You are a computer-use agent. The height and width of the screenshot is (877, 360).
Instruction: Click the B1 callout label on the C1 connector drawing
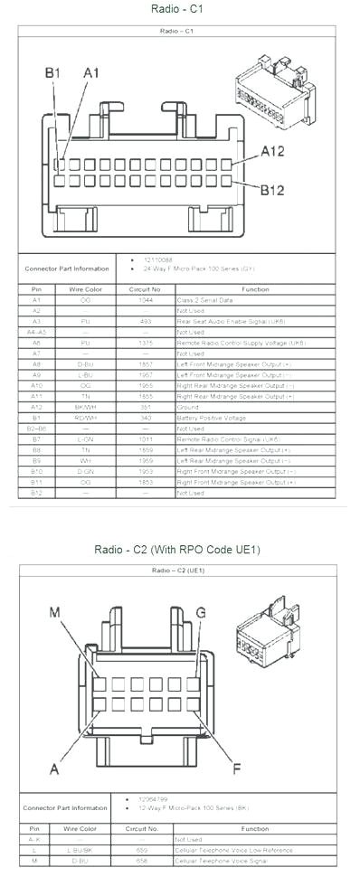52,72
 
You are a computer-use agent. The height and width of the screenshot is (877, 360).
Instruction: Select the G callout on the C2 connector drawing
201,612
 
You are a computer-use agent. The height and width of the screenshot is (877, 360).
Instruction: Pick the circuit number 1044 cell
145,299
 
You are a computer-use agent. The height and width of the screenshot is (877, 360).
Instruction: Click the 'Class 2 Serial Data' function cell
205,299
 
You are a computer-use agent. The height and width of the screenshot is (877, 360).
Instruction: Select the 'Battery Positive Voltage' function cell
211,418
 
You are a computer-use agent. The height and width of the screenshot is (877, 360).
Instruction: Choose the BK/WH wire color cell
85,407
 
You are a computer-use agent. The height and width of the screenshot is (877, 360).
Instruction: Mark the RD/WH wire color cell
85,418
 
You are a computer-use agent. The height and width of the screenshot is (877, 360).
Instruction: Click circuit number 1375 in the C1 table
145,343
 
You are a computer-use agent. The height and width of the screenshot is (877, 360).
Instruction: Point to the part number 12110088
160,259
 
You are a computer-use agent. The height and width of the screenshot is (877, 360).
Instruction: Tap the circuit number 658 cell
143,862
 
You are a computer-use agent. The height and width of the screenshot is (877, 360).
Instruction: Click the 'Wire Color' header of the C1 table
85,288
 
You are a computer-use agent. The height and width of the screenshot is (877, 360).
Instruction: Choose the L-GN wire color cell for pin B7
85,439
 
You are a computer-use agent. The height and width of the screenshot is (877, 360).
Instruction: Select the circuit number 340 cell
145,418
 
